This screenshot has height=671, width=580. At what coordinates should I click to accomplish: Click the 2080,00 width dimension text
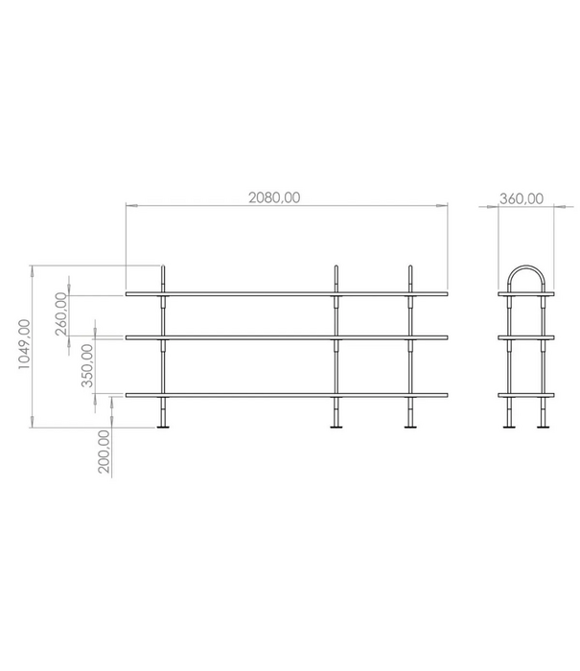pos(275,197)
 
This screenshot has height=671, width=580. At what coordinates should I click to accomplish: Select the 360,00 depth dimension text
pos(522,199)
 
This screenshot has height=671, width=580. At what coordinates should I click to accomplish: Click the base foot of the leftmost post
pos(165,428)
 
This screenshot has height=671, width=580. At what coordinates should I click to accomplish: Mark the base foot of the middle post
pos(336,428)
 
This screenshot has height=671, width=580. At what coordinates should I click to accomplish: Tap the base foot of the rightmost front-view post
pos(411,428)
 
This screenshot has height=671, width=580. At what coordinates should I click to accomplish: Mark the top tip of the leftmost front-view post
pos(165,266)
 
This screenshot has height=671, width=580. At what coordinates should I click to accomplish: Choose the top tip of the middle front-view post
pos(336,266)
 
